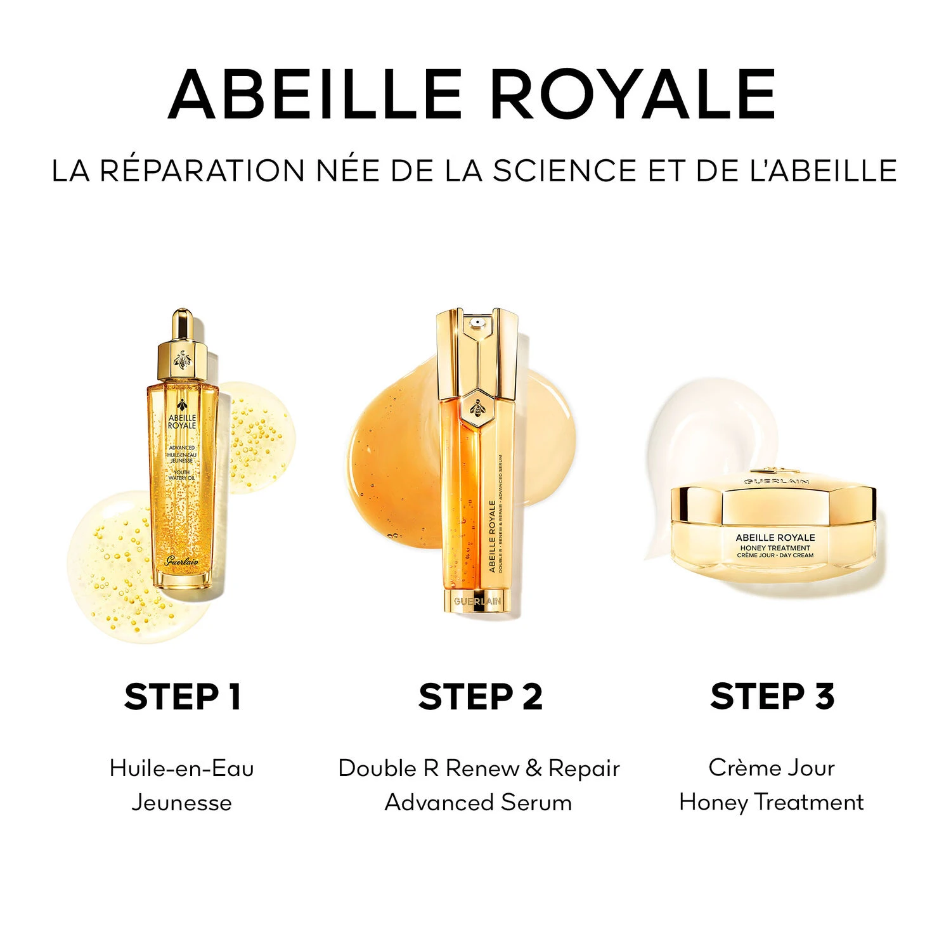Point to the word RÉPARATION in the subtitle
point(203,171)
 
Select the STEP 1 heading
point(183,697)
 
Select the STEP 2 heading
point(481,697)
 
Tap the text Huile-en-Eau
point(182,768)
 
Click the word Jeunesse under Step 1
point(182,803)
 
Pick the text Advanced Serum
point(478,803)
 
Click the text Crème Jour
point(772,768)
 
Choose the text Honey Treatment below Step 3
point(772,803)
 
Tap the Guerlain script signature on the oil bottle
point(181,560)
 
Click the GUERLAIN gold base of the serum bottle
point(477,601)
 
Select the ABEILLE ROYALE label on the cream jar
point(775,538)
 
